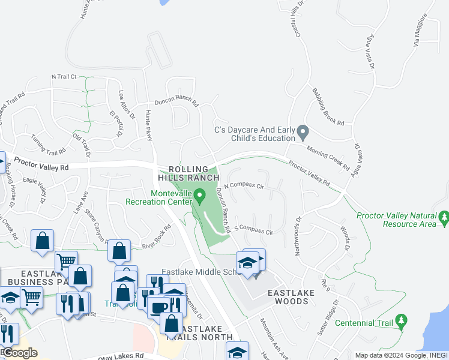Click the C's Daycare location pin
[303, 131]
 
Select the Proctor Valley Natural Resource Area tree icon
[444, 217]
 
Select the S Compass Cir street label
[254, 229]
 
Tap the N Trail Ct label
[65, 77]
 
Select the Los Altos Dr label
[122, 103]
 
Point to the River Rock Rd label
[157, 238]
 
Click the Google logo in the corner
[19, 353]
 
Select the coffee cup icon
[158, 307]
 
